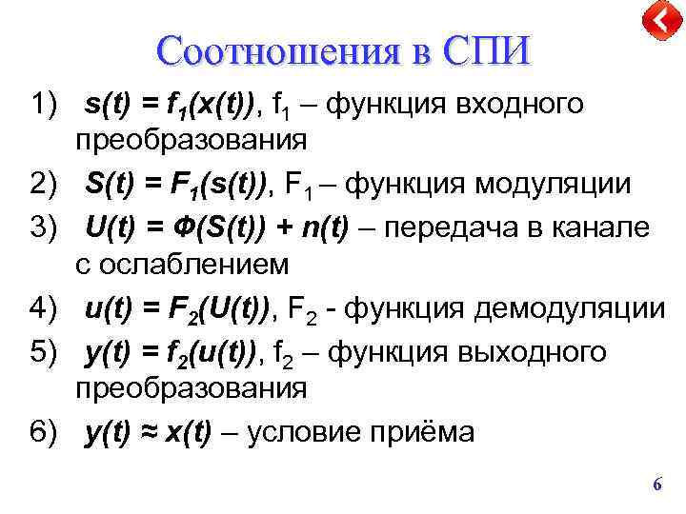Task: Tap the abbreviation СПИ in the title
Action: tap(484, 49)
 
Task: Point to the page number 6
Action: tap(656, 485)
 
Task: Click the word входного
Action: tap(527, 104)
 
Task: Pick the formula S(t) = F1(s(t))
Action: tap(173, 185)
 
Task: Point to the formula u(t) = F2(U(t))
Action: tap(174, 308)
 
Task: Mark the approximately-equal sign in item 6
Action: tap(147, 432)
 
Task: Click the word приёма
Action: tap(428, 432)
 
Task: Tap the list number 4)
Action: tap(46, 308)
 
